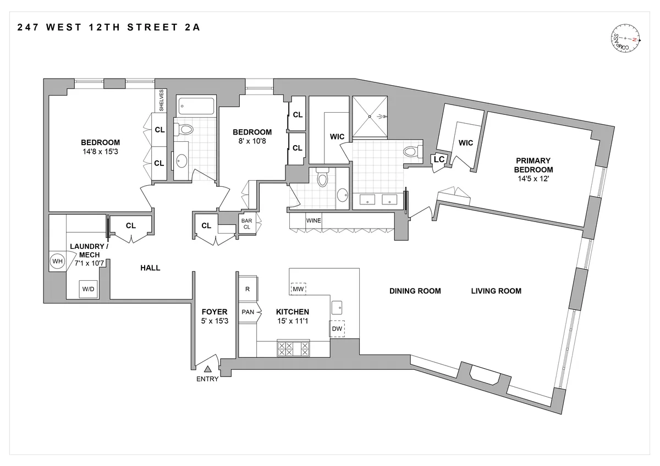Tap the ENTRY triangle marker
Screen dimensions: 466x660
click(208, 369)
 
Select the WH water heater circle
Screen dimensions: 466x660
click(57, 262)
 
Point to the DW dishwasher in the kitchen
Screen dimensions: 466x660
click(337, 329)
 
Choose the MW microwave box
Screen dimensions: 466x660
click(298, 289)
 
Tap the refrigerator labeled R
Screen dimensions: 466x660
click(248, 289)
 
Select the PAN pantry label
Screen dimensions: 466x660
click(248, 312)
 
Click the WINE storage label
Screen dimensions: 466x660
click(313, 220)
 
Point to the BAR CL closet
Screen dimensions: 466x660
click(246, 225)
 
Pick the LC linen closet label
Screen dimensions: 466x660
click(439, 159)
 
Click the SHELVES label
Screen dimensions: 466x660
click(162, 101)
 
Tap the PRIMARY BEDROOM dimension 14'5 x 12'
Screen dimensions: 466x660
click(533, 179)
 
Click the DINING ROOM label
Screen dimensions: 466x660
click(415, 291)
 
